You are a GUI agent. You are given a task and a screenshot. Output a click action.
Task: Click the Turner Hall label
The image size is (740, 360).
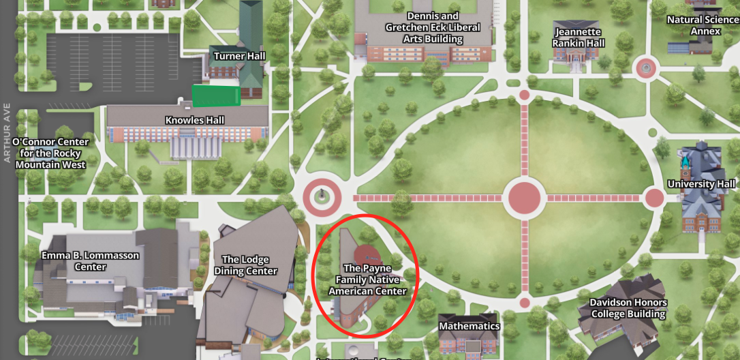239,55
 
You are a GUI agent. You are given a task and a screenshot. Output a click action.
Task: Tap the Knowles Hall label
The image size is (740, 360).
195,120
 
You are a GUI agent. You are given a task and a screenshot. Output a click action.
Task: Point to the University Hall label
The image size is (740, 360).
701,184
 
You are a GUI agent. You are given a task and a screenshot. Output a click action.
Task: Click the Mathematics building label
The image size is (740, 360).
469,326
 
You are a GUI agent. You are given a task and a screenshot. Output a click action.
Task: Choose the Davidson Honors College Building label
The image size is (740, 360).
628,308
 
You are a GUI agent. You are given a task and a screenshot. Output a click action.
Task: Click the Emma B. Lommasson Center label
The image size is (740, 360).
91,261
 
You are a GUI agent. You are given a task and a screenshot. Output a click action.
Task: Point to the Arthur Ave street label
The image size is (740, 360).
7,134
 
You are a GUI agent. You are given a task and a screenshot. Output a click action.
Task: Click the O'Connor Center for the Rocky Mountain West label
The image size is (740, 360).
50,153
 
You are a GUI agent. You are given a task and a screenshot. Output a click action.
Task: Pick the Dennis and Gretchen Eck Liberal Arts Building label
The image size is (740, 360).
433,27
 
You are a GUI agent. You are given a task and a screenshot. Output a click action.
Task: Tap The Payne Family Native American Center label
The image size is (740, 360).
367,280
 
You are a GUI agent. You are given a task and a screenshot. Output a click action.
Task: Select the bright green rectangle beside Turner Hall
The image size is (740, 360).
216,96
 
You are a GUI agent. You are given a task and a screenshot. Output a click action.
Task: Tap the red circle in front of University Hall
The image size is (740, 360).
654,198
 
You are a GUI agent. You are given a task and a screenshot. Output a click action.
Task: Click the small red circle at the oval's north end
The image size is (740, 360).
525,95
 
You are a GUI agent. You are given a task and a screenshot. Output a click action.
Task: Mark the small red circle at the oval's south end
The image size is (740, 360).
525,303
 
